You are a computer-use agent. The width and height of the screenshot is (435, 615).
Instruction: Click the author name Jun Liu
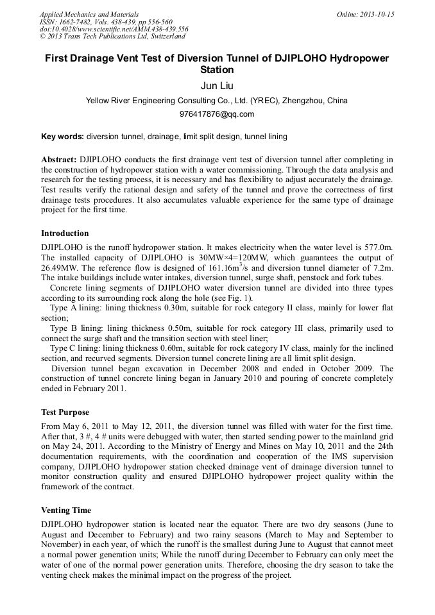coord(217,86)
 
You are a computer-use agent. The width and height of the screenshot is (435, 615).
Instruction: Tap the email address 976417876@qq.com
coord(217,114)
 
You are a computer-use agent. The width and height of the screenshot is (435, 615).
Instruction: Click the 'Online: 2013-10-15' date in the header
coord(365,14)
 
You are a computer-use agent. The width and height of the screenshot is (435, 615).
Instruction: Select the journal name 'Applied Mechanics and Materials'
coord(89,14)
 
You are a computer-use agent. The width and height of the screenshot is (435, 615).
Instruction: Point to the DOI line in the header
coord(114,29)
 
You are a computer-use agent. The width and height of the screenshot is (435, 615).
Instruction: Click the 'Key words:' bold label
coord(62,137)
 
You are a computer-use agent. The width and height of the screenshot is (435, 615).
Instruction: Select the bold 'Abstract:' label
coord(59,159)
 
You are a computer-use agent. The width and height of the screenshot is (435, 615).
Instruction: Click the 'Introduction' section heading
coord(65,233)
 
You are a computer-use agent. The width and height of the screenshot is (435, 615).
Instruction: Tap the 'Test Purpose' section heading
coord(65,412)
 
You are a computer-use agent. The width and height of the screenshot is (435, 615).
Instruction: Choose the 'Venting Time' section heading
coord(66,510)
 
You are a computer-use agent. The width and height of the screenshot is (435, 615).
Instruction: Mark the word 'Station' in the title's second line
coord(217,69)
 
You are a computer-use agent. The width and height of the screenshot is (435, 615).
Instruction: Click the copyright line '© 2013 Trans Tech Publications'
coord(113,37)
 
